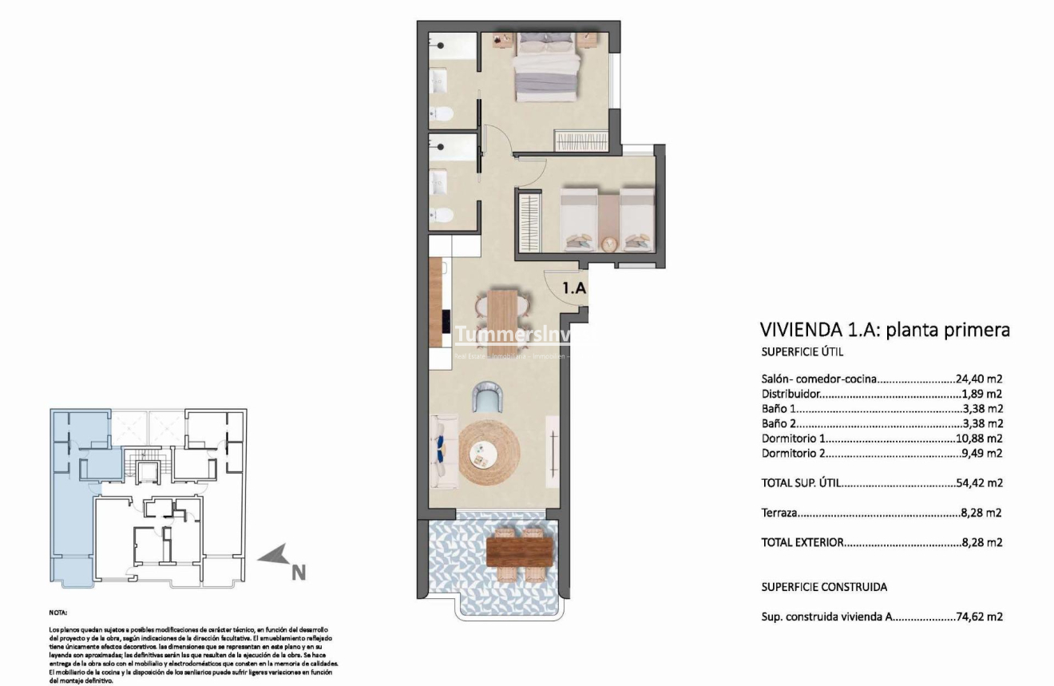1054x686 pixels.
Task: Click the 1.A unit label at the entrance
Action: (574, 288)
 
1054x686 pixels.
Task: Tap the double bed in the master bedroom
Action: (545, 68)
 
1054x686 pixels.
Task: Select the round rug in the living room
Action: (484, 454)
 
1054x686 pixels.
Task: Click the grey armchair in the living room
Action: (486, 396)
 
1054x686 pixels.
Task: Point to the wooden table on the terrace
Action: (520, 551)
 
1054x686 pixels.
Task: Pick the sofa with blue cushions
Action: (443, 452)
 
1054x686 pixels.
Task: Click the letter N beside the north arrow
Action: (298, 572)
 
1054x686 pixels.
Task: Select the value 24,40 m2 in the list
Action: (978, 379)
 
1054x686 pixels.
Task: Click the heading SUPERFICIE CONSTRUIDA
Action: (824, 587)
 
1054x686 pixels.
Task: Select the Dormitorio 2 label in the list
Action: (794, 454)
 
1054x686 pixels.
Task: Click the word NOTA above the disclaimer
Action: (58, 613)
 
